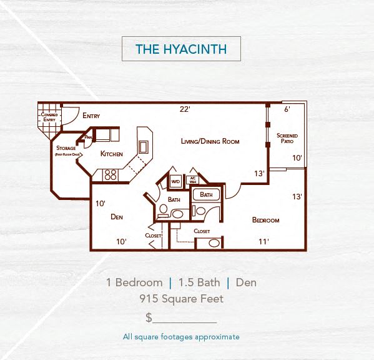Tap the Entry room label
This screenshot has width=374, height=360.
click(91, 116)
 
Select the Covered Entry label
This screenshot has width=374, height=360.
click(49, 117)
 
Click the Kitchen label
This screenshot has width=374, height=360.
click(112, 154)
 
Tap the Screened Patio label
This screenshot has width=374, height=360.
click(287, 138)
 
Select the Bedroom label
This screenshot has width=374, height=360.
click(265, 220)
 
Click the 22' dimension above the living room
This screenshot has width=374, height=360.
click(185, 109)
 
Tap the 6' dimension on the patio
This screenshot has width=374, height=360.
click(287, 109)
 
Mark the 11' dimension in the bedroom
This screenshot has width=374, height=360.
click(263, 241)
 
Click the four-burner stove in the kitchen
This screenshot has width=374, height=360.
click(111, 175)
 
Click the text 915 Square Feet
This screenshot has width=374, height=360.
click(181, 299)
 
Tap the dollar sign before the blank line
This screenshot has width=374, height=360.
click(149, 317)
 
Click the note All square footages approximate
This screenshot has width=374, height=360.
click(181, 337)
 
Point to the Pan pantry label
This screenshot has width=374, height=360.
click(89, 137)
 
